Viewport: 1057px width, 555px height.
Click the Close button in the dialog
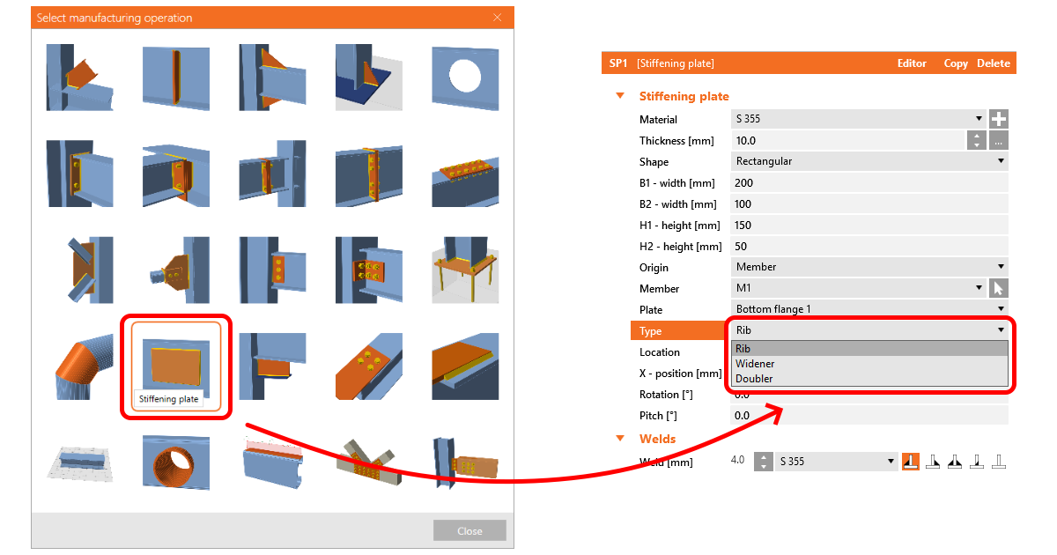(x=469, y=530)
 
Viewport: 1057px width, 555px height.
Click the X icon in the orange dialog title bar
(x=497, y=18)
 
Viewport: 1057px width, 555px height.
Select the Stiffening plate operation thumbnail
(x=176, y=366)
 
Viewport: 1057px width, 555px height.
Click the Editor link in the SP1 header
(x=911, y=63)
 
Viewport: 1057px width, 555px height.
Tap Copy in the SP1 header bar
(x=955, y=63)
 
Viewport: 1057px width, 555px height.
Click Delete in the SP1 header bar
(x=994, y=63)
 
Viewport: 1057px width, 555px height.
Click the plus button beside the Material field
(x=999, y=119)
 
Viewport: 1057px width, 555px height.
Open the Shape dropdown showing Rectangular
(x=869, y=161)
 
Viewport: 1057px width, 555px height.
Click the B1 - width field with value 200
(x=869, y=182)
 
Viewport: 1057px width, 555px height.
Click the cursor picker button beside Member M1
(x=999, y=288)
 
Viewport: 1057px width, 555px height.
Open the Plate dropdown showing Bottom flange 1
(x=869, y=309)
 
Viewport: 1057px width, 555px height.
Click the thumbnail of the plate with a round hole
(x=465, y=78)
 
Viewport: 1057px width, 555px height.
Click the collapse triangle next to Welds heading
(x=620, y=439)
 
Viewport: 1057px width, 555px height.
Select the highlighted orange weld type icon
(x=910, y=461)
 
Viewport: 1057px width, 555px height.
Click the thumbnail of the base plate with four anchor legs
(x=465, y=270)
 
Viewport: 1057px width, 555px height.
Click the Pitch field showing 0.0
(x=869, y=415)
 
